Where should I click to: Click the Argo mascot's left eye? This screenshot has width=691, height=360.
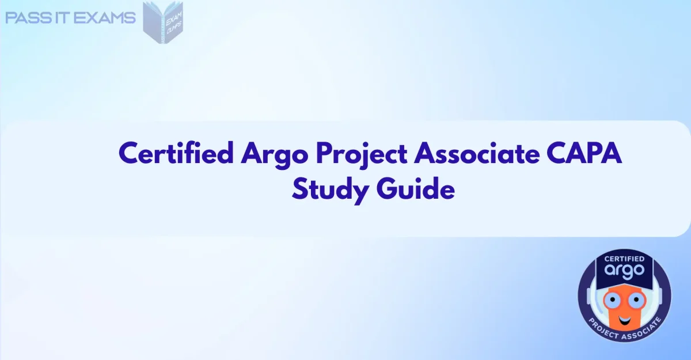pos(611,300)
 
